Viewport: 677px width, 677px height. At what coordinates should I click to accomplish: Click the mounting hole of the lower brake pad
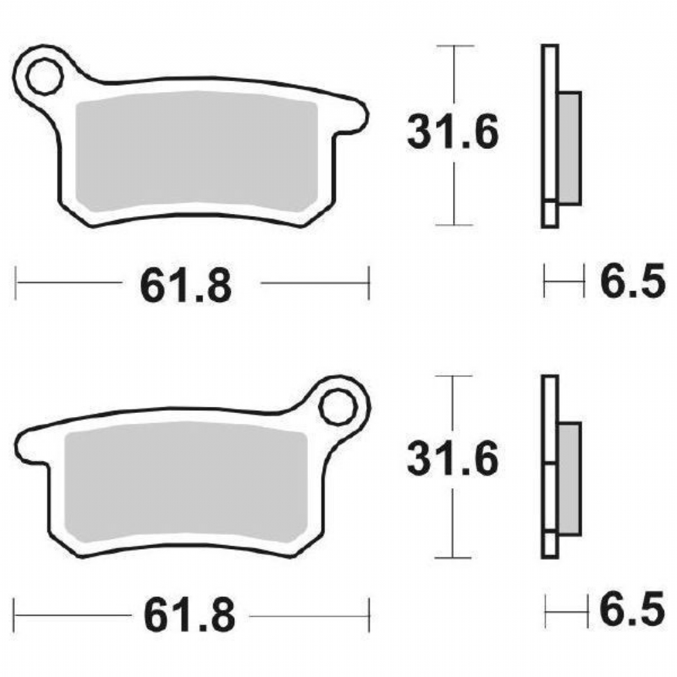(x=338, y=407)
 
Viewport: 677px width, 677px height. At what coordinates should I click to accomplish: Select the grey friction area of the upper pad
(x=196, y=151)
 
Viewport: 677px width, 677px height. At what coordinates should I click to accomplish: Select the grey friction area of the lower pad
(x=186, y=482)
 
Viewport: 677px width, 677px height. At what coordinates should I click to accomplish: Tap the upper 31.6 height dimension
(x=453, y=132)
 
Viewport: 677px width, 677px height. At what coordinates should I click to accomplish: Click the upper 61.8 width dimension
(x=185, y=286)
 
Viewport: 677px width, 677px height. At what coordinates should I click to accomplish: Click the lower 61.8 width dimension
(x=190, y=615)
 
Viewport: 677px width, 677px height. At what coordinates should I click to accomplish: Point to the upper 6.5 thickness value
(x=632, y=281)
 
